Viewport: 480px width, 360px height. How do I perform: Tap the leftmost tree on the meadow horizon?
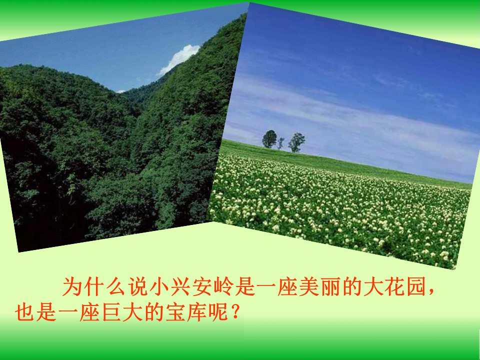(269, 138)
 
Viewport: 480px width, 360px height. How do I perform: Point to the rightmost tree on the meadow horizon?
(296, 142)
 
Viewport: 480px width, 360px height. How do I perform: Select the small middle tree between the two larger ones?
(281, 143)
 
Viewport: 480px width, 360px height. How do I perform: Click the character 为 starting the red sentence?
(71, 287)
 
